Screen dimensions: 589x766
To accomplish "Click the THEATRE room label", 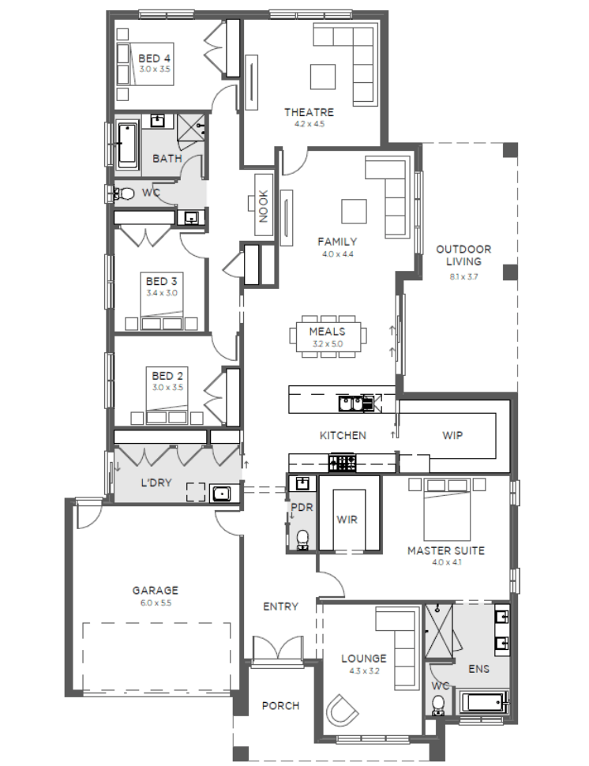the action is point(309,112).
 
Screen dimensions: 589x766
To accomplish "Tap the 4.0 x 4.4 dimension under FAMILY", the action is point(337,254).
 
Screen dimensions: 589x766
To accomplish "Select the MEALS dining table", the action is point(328,336).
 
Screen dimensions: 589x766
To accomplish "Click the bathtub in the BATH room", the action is point(127,145).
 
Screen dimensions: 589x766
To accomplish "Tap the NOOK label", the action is point(263,206).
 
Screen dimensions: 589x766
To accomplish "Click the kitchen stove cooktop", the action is point(343,463).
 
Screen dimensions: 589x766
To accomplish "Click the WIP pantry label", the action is point(452,435).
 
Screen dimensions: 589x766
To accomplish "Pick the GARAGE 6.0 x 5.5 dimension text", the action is point(156,603).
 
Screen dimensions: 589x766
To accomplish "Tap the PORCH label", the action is point(280,706).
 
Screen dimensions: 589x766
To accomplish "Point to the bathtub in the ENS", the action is point(483,704).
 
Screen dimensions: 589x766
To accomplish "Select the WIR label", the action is point(347,520).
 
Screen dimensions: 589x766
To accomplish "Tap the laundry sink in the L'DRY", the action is point(221,494).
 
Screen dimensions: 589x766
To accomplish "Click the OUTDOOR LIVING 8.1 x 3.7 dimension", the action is point(463,276).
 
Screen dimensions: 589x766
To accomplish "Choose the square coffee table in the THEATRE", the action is point(323,77).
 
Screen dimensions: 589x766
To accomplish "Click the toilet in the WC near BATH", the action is point(124,194).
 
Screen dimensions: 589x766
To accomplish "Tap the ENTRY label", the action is point(280,606).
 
